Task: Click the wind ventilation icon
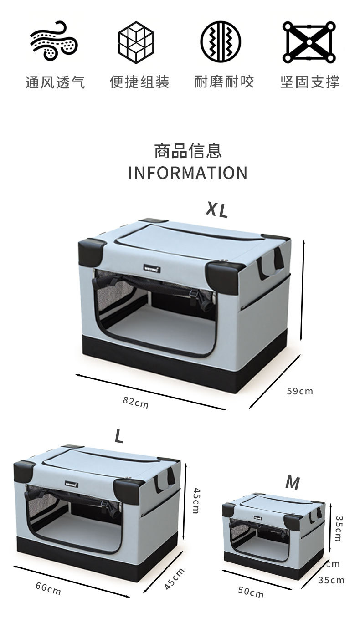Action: pyautogui.click(x=54, y=41)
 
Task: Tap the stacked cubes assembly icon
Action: pyautogui.click(x=136, y=41)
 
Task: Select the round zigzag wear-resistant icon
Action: pyautogui.click(x=220, y=41)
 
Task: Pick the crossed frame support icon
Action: pyautogui.click(x=309, y=41)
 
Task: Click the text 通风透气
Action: pyautogui.click(x=55, y=82)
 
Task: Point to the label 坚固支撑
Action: pyautogui.click(x=310, y=82)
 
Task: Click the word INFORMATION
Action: pyautogui.click(x=188, y=173)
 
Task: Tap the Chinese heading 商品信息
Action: pyautogui.click(x=188, y=151)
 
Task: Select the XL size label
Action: pyautogui.click(x=216, y=209)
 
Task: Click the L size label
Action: pyautogui.click(x=119, y=437)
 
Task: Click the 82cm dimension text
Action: pyautogui.click(x=136, y=402)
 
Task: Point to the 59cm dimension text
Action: pyautogui.click(x=300, y=391)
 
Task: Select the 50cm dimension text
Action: pyautogui.click(x=251, y=592)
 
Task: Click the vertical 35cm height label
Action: pyautogui.click(x=338, y=528)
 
